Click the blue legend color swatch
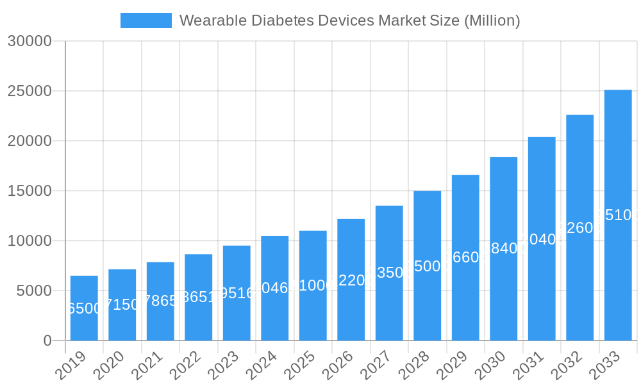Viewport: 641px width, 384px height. [146, 20]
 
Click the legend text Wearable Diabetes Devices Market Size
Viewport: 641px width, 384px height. [349, 20]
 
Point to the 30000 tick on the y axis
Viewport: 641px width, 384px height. [29, 42]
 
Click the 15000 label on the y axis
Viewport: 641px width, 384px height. [29, 191]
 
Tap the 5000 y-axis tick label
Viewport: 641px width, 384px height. [33, 291]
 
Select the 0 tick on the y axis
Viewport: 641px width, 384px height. [47, 341]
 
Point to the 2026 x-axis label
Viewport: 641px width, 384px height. [338, 366]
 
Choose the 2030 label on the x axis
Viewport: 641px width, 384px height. [490, 366]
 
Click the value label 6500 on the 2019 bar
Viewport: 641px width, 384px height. [84, 308]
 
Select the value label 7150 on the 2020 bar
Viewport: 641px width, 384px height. [122, 305]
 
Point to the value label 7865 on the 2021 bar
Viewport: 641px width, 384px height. [160, 301]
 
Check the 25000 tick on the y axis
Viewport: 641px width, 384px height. [29, 92]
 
